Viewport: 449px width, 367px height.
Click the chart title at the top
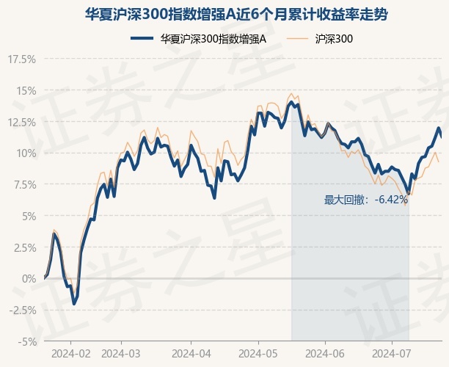224,15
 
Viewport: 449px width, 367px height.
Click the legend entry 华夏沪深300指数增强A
213,38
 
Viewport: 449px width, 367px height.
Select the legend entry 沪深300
334,38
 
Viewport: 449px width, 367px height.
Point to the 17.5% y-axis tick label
20,59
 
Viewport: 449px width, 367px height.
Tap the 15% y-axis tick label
24,90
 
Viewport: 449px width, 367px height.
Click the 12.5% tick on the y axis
20,122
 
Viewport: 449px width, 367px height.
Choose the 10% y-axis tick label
24,153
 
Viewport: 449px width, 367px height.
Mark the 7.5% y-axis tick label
22,184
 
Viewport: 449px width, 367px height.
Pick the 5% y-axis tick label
26,216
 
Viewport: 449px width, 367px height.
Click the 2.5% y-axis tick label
22,247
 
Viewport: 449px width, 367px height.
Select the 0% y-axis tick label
26,278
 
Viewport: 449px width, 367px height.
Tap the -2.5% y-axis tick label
21,310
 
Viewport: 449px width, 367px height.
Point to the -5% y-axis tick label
25,341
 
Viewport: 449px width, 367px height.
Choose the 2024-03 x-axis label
121,353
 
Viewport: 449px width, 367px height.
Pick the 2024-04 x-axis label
191,353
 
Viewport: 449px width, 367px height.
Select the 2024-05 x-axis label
259,353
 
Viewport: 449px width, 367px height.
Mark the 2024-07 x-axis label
390,353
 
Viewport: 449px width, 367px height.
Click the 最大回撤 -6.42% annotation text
365,200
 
